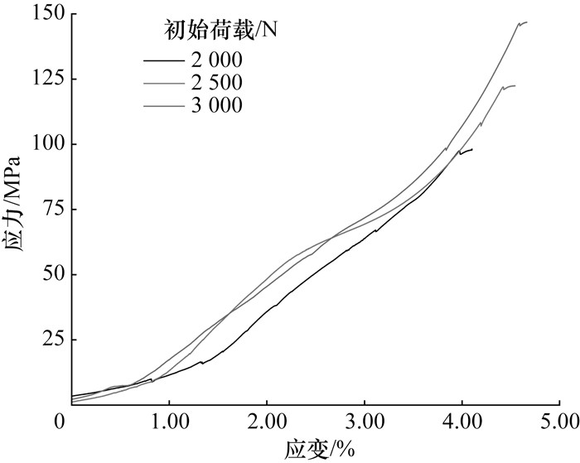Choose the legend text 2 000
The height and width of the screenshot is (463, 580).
217,60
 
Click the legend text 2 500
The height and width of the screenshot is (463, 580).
217,82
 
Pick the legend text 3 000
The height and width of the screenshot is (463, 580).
217,104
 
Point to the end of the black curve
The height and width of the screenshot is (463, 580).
472,149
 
